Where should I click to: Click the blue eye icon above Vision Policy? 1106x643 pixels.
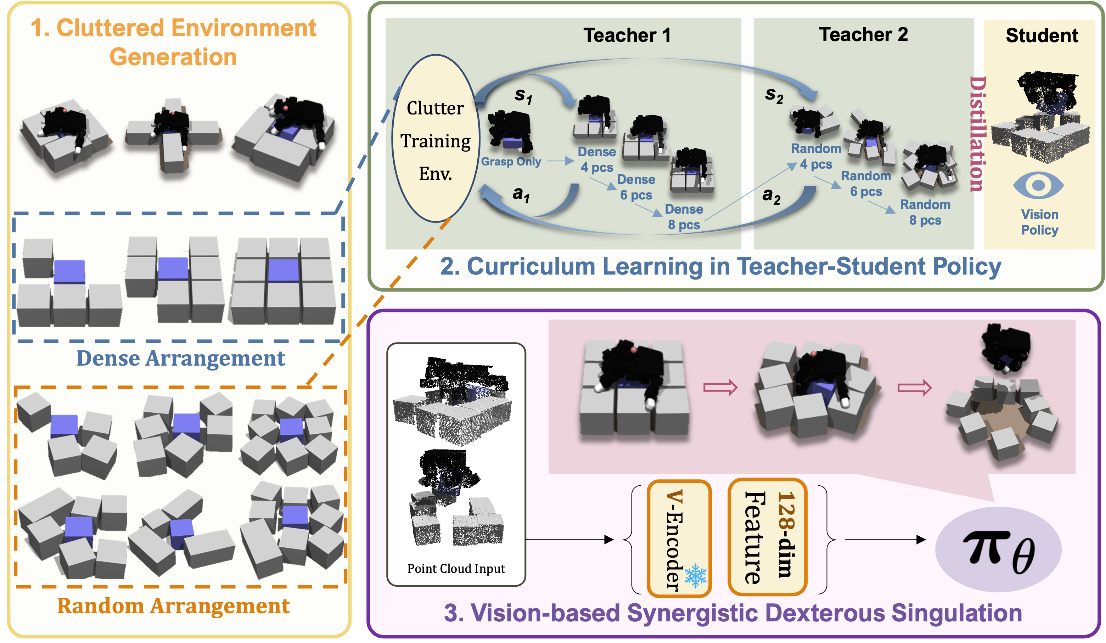click(x=1038, y=185)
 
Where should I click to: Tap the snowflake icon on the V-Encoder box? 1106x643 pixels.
click(x=696, y=576)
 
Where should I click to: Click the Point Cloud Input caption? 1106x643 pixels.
click(x=456, y=569)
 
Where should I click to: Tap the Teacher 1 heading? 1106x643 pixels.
click(x=627, y=35)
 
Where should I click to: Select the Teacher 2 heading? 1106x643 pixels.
click(x=863, y=34)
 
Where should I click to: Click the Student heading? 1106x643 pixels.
click(x=1042, y=35)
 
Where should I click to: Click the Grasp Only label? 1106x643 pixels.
click(x=511, y=162)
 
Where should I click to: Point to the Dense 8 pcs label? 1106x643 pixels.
click(x=684, y=217)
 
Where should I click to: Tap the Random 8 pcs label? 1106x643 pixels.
click(x=925, y=212)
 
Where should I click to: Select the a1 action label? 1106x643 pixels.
click(x=521, y=194)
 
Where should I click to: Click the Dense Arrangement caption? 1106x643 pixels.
click(x=181, y=358)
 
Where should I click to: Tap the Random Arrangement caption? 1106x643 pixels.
click(x=173, y=606)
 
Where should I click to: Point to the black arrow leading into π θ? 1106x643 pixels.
click(x=885, y=540)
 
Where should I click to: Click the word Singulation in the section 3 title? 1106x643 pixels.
click(x=956, y=613)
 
